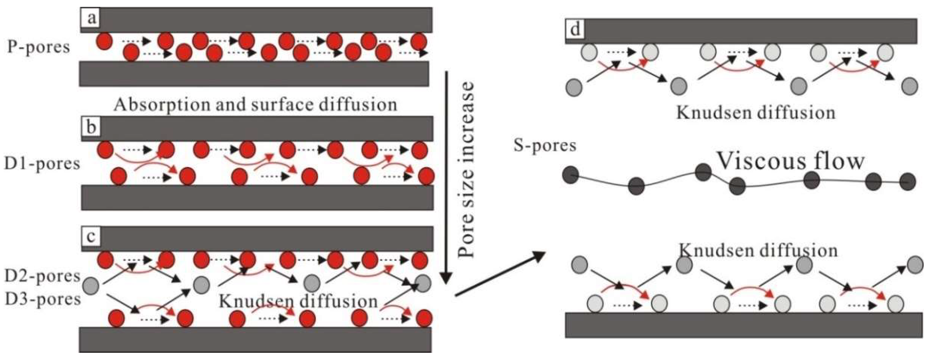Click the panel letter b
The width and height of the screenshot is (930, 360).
(x=91, y=128)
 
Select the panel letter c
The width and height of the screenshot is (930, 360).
(x=91, y=237)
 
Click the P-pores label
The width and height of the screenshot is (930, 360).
(x=39, y=47)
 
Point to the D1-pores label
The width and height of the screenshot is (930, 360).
(x=42, y=164)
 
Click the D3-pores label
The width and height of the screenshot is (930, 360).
(x=43, y=299)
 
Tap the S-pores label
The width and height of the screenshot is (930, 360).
(x=545, y=146)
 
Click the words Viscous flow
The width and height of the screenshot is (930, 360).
(x=790, y=161)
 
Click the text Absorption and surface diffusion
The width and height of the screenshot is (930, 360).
(x=255, y=105)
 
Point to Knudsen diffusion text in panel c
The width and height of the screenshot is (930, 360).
(x=298, y=301)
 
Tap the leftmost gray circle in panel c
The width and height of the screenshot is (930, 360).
(x=91, y=286)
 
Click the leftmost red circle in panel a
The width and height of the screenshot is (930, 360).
(x=104, y=41)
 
